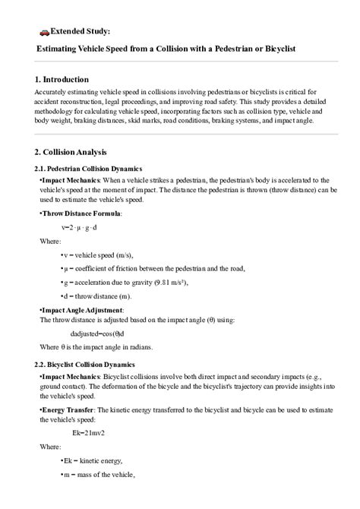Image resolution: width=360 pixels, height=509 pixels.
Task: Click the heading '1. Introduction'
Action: (62, 79)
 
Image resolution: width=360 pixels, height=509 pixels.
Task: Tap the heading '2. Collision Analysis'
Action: (71, 151)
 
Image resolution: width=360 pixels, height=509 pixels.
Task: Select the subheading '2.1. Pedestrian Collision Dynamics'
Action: (88, 168)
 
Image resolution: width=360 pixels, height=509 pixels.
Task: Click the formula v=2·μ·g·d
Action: (80, 227)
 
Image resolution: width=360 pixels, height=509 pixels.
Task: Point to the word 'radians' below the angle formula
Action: (139, 347)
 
